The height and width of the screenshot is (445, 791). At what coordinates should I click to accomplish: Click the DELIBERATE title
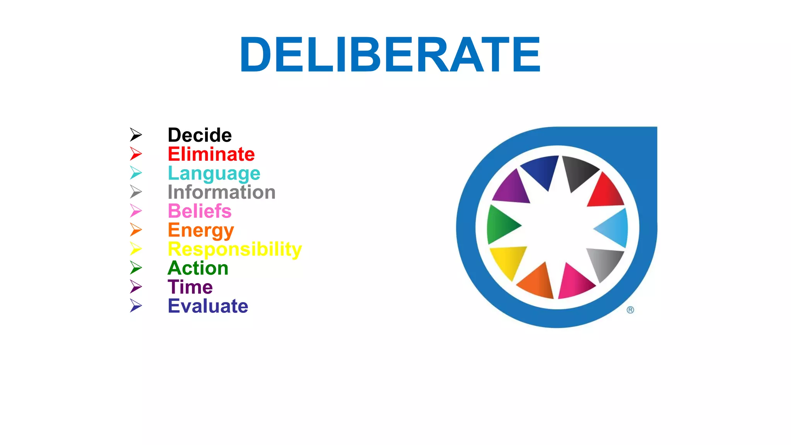pyautogui.click(x=390, y=54)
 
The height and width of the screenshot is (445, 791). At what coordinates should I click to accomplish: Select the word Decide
pyautogui.click(x=200, y=135)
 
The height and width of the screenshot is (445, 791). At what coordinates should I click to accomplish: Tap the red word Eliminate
pyautogui.click(x=211, y=154)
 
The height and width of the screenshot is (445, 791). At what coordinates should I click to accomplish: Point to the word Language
pyautogui.click(x=214, y=173)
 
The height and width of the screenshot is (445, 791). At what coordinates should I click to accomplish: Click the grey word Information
pyautogui.click(x=221, y=192)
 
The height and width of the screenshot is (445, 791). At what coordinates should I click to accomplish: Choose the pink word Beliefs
pyautogui.click(x=199, y=211)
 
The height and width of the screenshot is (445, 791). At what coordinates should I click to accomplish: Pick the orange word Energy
pyautogui.click(x=200, y=231)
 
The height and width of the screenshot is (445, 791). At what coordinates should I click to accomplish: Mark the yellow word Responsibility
pyautogui.click(x=234, y=249)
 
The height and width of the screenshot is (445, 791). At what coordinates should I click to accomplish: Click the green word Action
pyautogui.click(x=198, y=268)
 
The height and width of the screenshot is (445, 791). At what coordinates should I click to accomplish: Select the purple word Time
pyautogui.click(x=190, y=287)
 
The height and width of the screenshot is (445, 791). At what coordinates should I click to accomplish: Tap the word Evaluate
pyautogui.click(x=208, y=306)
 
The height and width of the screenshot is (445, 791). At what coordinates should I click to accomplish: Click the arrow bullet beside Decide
pyautogui.click(x=136, y=135)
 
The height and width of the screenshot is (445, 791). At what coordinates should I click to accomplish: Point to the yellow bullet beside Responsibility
pyautogui.click(x=136, y=249)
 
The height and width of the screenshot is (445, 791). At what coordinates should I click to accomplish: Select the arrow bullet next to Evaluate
pyautogui.click(x=136, y=306)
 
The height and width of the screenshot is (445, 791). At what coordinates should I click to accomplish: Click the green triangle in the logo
pyautogui.click(x=500, y=225)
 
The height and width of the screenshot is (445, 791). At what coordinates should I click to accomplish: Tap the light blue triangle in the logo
pyautogui.click(x=614, y=228)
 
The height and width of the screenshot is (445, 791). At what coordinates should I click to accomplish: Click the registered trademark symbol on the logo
pyautogui.click(x=630, y=310)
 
